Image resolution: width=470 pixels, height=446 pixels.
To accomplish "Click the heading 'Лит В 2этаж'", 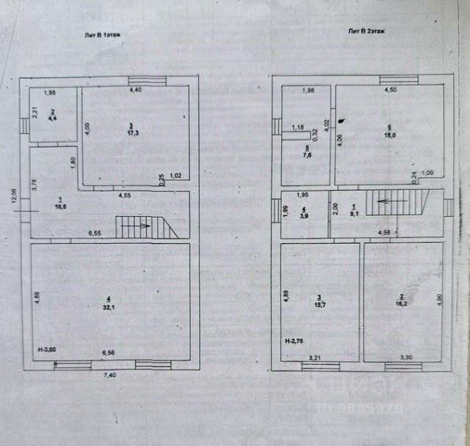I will click(366, 31).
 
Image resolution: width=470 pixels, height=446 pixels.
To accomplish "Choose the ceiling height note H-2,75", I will click(298, 342).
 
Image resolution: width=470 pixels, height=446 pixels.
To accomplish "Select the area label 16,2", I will click(400, 301).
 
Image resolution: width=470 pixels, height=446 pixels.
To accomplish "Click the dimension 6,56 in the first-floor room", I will click(108, 353).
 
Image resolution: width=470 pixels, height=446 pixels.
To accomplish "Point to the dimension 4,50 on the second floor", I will click(389, 90).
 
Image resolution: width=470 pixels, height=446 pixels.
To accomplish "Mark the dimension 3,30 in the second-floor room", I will click(405, 357).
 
